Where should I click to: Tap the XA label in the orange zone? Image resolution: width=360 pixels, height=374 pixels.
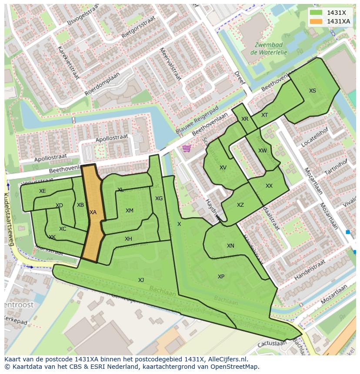click(93, 212)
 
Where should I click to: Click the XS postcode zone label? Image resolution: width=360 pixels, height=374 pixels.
click(313, 91)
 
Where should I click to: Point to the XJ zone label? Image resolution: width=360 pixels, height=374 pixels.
click(141, 280)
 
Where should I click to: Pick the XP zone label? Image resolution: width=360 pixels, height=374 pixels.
click(221, 277)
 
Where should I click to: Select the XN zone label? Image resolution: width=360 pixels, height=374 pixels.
click(230, 246)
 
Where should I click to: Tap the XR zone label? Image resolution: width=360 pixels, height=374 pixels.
click(245, 119)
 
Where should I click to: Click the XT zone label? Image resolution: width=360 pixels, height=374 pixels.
click(264, 115)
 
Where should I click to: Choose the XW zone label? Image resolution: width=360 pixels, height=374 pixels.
click(263, 151)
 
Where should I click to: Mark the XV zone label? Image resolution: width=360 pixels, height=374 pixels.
click(223, 168)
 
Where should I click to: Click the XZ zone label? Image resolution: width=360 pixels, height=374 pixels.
click(240, 205)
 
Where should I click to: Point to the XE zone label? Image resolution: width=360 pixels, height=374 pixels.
click(42, 191)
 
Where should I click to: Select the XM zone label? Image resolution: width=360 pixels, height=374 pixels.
click(130, 211)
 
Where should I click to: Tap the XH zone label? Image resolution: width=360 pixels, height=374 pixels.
click(128, 239)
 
